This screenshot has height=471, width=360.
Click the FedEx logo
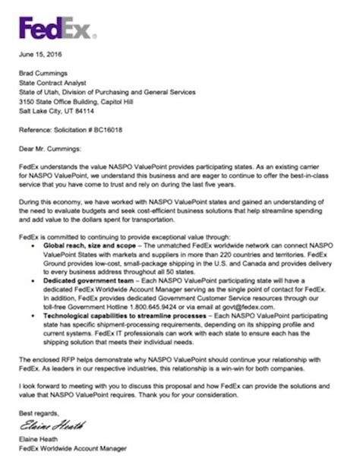click(58, 29)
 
